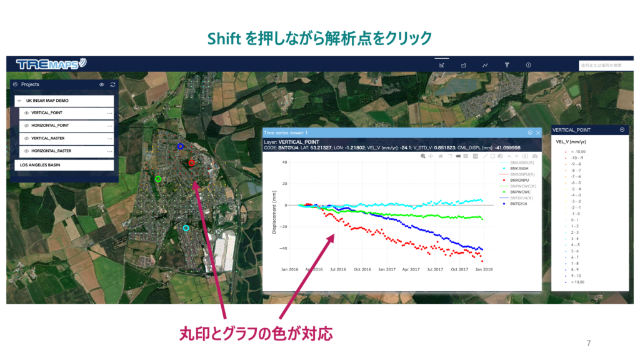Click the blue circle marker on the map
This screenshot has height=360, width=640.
click(x=180, y=146)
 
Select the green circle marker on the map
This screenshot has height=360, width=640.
click(x=158, y=179)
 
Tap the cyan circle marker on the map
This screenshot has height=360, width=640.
click(x=186, y=228)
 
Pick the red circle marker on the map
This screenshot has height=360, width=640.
click(x=191, y=162)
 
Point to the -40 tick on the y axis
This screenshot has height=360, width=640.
click(x=282, y=248)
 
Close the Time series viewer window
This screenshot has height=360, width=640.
click(x=538, y=132)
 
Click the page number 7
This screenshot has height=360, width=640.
click(x=589, y=343)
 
